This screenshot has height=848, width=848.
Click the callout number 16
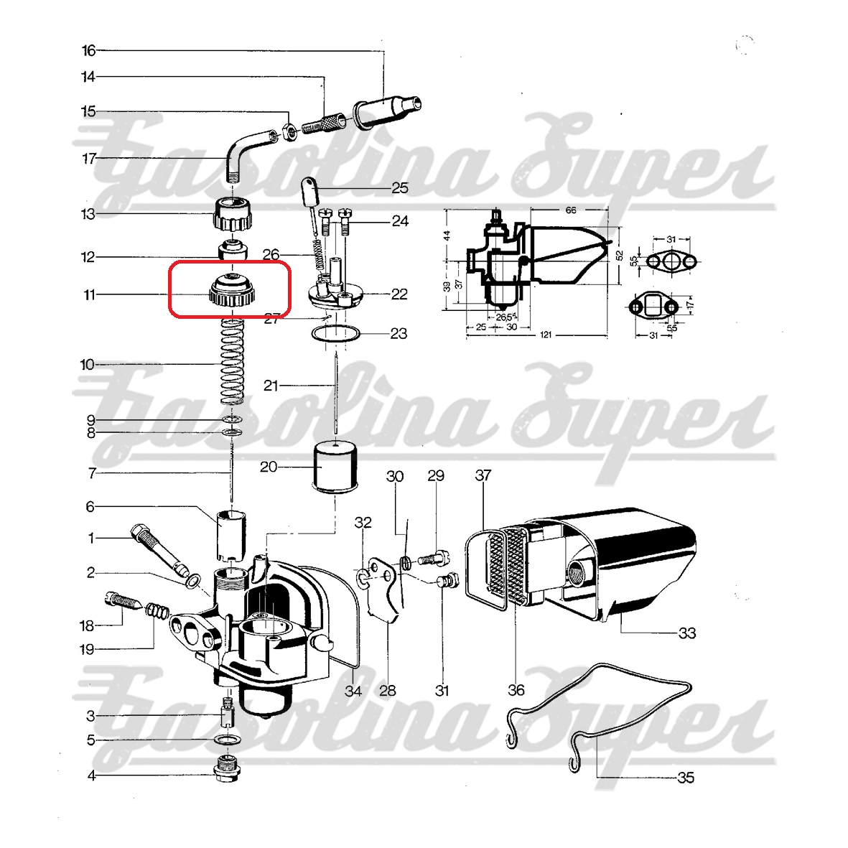[89, 51]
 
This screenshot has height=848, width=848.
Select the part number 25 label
[400, 187]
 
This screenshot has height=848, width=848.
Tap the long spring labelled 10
[232, 362]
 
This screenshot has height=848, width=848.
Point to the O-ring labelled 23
[336, 333]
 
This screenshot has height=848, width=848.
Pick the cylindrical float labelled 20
[335, 467]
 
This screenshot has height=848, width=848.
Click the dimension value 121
[545, 335]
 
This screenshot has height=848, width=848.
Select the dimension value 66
[571, 210]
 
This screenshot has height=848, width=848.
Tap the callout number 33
[687, 633]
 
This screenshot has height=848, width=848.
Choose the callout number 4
[91, 775]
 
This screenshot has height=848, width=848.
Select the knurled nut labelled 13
[233, 215]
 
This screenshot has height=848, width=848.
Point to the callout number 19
[87, 649]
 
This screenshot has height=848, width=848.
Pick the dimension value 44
[447, 236]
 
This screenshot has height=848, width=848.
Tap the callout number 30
[395, 476]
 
